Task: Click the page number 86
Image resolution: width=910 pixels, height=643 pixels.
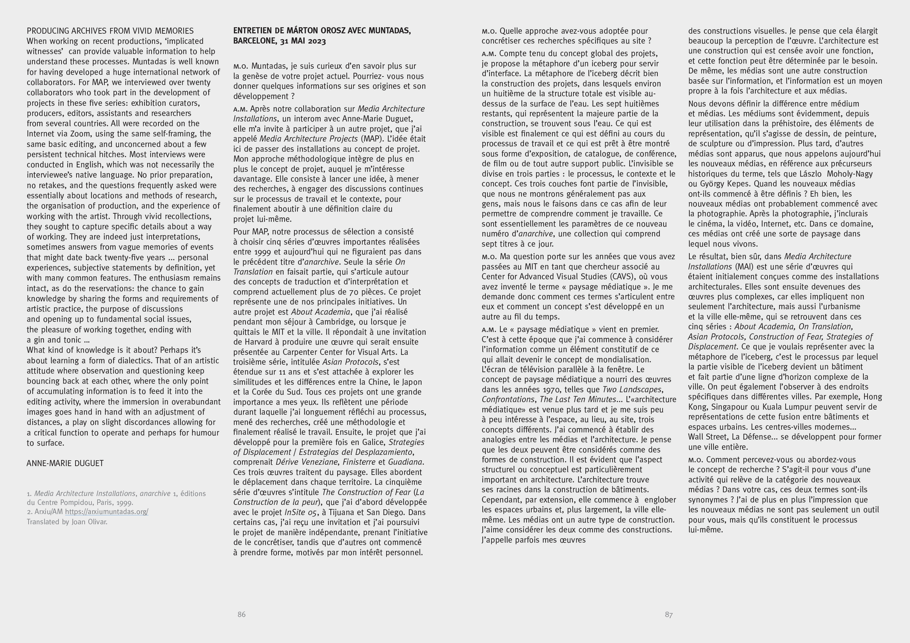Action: click(x=241, y=614)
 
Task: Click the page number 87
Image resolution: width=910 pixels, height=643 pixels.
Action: click(x=669, y=614)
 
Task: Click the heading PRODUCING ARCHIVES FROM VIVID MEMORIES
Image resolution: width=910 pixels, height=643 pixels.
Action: click(x=110, y=31)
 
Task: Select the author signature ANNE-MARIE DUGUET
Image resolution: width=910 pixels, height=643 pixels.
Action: click(x=65, y=463)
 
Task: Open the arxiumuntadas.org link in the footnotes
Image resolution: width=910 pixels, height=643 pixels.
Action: click(x=107, y=512)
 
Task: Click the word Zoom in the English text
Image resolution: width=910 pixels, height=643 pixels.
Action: click(x=81, y=134)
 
